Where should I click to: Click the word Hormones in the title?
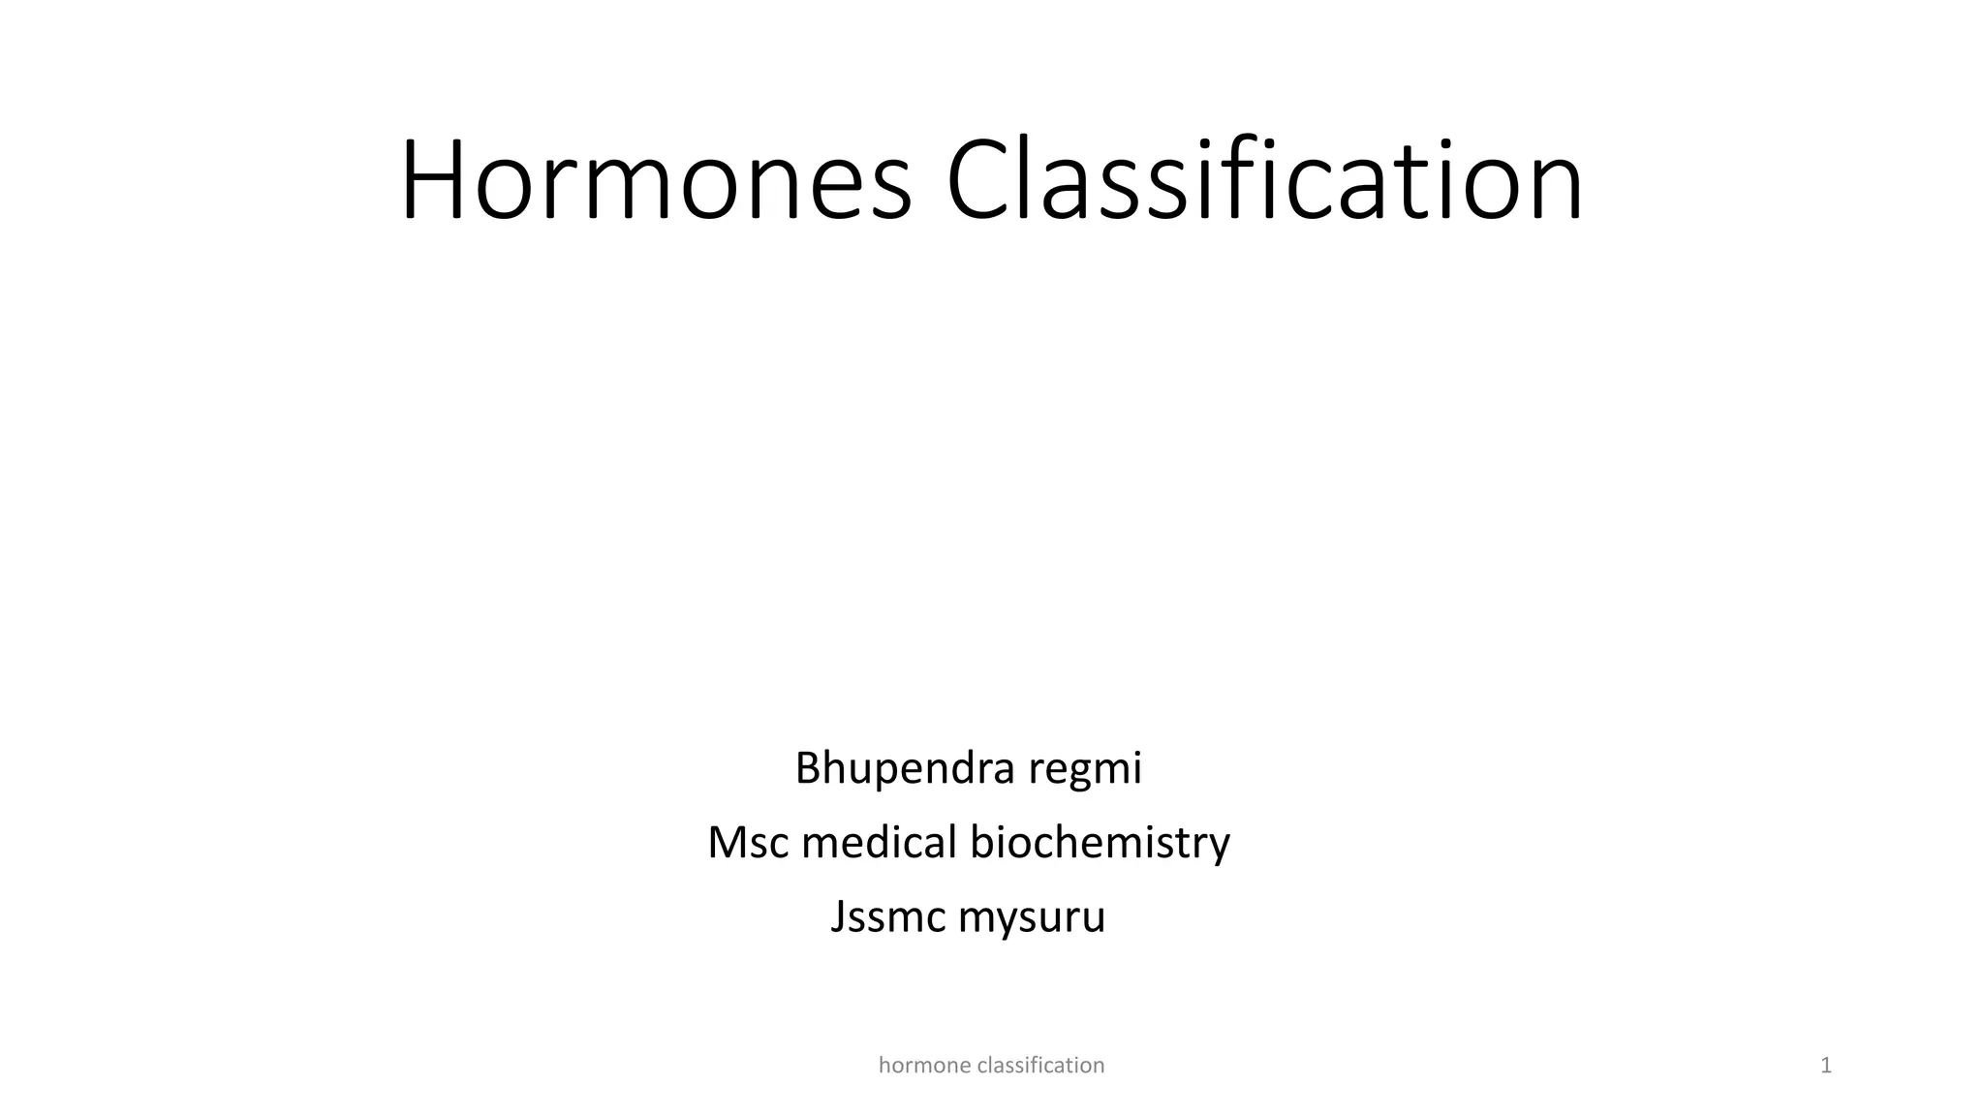pos(656,181)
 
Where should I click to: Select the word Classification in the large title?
pos(1264,181)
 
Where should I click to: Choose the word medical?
pos(880,842)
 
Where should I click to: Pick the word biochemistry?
pos(1100,842)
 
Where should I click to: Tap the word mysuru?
pos(1032,916)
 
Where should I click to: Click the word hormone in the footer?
pos(924,1066)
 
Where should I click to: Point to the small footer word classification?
pos(1041,1066)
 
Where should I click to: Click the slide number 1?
pos(1826,1066)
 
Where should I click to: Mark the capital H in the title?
pos(431,181)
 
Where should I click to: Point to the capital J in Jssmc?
pos(838,916)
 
